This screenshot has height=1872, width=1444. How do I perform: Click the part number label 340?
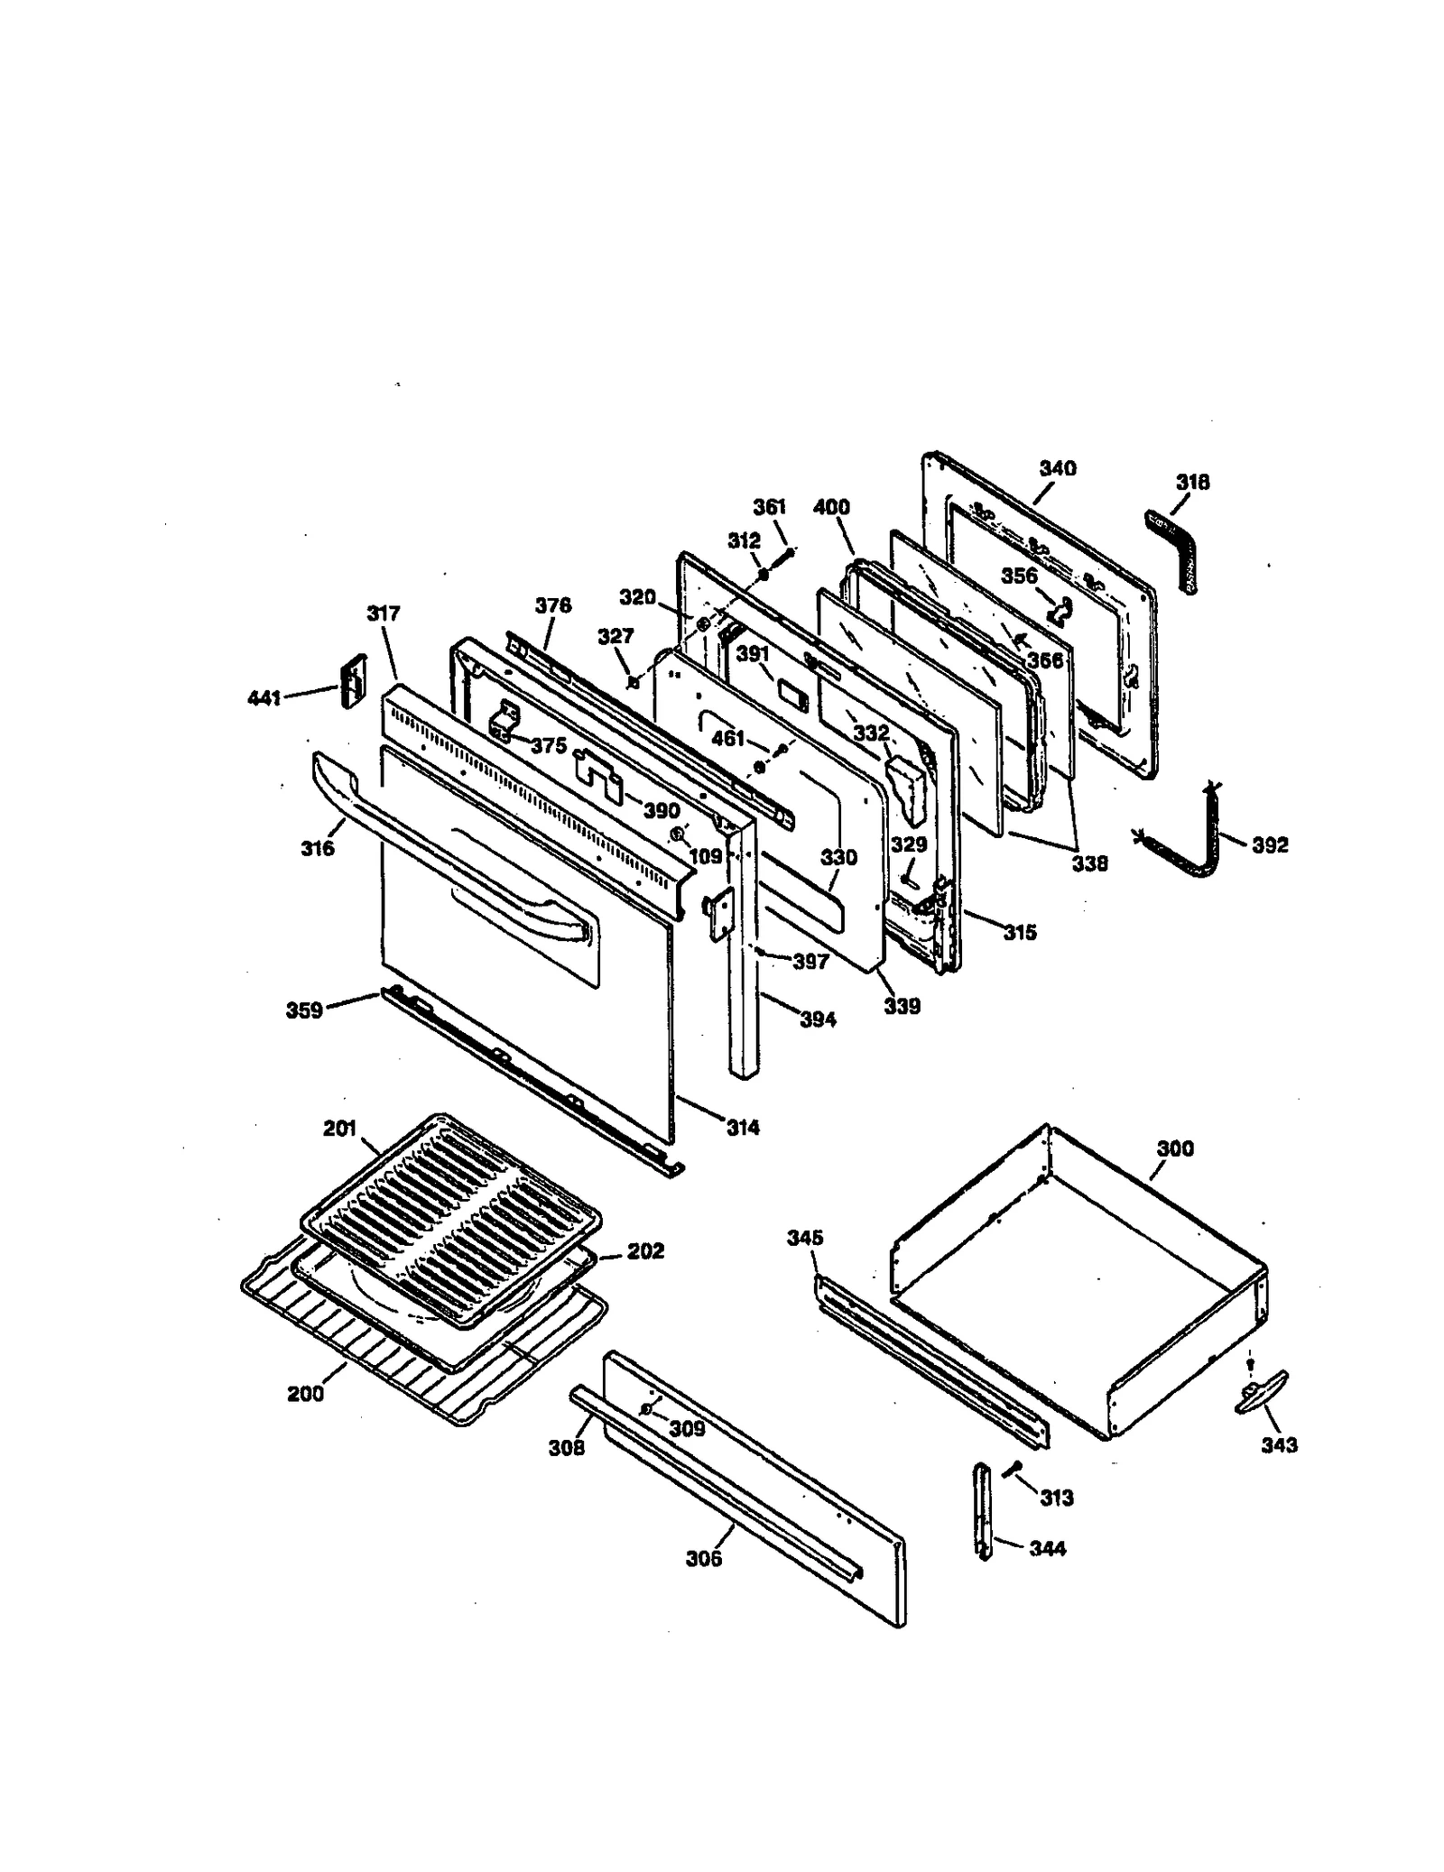coord(1057,468)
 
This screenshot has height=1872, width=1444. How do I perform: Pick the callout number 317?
coord(384,613)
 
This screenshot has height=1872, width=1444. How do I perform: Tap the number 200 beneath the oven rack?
coord(305,1393)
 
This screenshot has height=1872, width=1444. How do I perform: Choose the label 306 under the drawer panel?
coord(703,1558)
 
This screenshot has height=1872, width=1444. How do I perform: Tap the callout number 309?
coord(687,1429)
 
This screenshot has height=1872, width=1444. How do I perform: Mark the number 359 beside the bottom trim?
coord(304,1010)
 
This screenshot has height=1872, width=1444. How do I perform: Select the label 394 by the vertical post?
coord(818,1019)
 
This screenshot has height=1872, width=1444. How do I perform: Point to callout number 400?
coord(831,507)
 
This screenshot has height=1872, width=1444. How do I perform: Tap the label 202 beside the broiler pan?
coord(645,1251)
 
